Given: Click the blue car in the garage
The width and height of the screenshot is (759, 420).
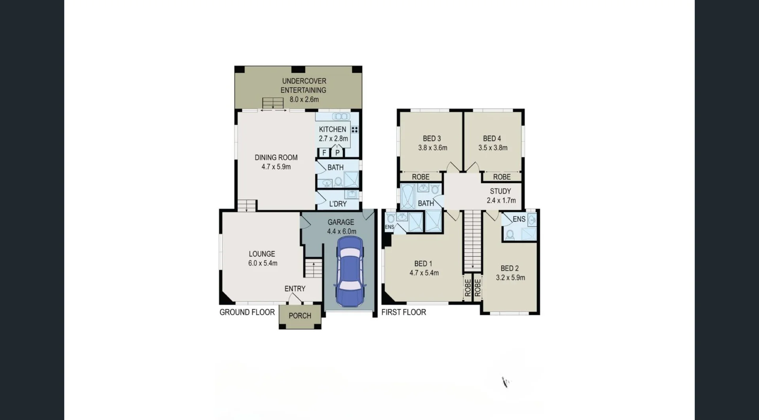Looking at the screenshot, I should pos(349,272).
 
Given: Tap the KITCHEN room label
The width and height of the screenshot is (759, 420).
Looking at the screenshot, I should pos(332,129).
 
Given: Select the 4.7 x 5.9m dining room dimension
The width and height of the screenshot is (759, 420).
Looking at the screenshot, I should pos(276,167).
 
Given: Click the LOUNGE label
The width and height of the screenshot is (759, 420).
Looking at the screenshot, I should pos(262,254).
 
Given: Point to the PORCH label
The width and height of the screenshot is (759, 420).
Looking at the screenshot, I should pos(300,316).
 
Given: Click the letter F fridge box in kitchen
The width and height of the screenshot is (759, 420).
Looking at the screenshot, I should pos(324,153).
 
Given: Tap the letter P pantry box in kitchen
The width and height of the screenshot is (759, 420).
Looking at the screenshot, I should pos(337,153).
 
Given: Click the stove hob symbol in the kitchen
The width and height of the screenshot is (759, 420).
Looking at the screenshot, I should pos(355,130).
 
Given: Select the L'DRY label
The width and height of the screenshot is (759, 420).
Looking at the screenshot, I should pos(338,204).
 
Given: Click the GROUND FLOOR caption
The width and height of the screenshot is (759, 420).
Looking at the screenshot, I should pos(247,312).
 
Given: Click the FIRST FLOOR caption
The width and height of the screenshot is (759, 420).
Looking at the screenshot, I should pos(404,312).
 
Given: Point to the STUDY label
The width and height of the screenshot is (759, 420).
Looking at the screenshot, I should pos(500,191).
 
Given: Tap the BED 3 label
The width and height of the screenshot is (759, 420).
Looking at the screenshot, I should pos(432,139).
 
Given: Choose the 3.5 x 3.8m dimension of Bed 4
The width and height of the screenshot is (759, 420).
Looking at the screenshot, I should pos(493,148).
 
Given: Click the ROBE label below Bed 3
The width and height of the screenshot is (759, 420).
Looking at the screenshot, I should pos(421,177).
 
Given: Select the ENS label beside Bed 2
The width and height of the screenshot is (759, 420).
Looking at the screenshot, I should pos(519,219).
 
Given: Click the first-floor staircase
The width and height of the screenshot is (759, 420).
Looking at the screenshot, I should pos(472,241).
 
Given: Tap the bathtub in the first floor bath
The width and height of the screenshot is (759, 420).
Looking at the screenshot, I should pos(408,196).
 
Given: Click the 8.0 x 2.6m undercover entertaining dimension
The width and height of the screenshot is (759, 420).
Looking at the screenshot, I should pos(304,100).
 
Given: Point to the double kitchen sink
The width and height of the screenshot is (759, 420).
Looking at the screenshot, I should pos(341,117).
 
